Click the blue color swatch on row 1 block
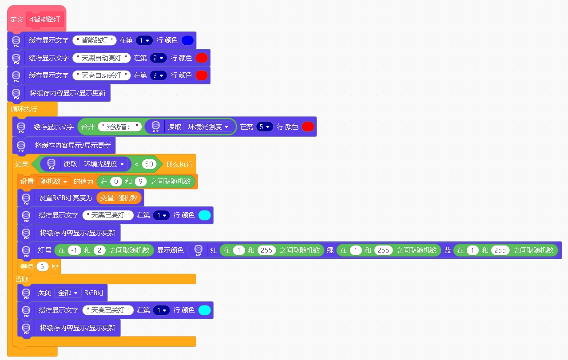(x=188, y=40)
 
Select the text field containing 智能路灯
(x=94, y=40)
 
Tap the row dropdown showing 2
(x=158, y=58)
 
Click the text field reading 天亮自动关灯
(x=101, y=75)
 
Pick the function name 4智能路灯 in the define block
(x=45, y=19)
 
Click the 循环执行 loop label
(x=24, y=109)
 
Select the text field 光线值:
(x=120, y=127)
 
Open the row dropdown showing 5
(x=265, y=127)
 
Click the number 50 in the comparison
(x=149, y=164)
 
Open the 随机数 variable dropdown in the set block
(x=53, y=181)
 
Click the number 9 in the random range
(x=140, y=181)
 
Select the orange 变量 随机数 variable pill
(x=119, y=198)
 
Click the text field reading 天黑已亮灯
(x=108, y=215)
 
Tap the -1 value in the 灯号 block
(x=74, y=250)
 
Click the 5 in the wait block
(x=42, y=266)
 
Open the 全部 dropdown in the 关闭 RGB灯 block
(x=68, y=293)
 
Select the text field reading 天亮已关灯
(x=108, y=310)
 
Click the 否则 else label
(x=22, y=279)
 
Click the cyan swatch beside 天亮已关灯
(x=205, y=310)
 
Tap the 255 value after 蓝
(x=500, y=250)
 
